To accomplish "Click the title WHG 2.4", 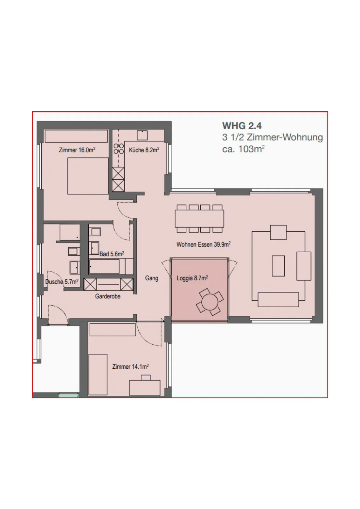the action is [x=242, y=126].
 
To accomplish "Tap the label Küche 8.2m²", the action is [x=144, y=150].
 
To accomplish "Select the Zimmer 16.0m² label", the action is [x=77, y=150].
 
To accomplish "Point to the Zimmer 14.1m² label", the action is [x=130, y=366].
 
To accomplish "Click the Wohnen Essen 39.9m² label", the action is [x=204, y=244].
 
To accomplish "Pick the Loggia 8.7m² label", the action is [x=192, y=278].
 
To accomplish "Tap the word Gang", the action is [x=152, y=278].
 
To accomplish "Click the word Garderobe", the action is [x=108, y=296].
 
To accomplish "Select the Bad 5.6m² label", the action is [x=112, y=254].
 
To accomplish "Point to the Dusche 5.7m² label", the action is [x=62, y=282].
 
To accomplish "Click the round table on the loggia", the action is [x=210, y=302].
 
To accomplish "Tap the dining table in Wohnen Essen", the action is [x=199, y=218].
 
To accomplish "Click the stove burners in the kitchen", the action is [x=119, y=148].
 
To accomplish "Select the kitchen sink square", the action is [x=142, y=135].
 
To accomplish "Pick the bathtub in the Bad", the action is [x=104, y=266].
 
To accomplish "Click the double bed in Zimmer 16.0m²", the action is [x=88, y=176].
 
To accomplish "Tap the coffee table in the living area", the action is [x=278, y=266].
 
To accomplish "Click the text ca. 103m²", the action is [x=243, y=149].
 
